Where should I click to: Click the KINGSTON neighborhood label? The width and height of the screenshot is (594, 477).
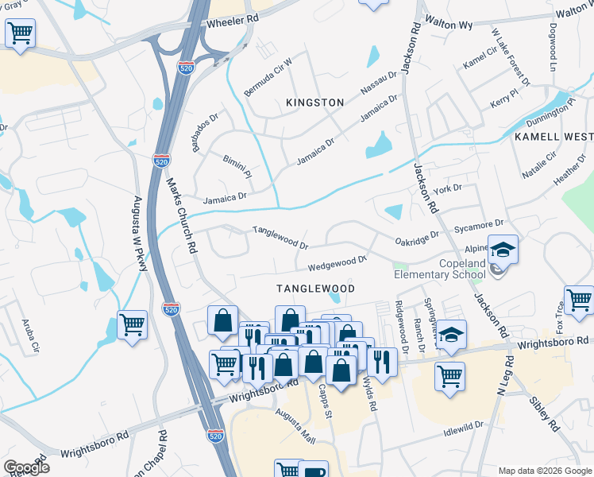coord(315,103)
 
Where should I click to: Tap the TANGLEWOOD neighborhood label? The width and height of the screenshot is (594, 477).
coord(314,288)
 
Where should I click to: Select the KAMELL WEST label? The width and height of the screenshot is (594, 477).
coord(553,137)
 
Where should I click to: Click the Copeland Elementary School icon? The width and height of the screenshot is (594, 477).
coord(502,250)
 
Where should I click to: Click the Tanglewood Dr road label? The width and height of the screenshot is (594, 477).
coord(280,235)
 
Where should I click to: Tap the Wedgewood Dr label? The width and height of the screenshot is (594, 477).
coord(337,261)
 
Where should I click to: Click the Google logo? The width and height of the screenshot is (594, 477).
coord(26,467)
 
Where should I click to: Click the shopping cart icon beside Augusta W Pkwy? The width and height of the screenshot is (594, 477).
coord(132,324)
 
